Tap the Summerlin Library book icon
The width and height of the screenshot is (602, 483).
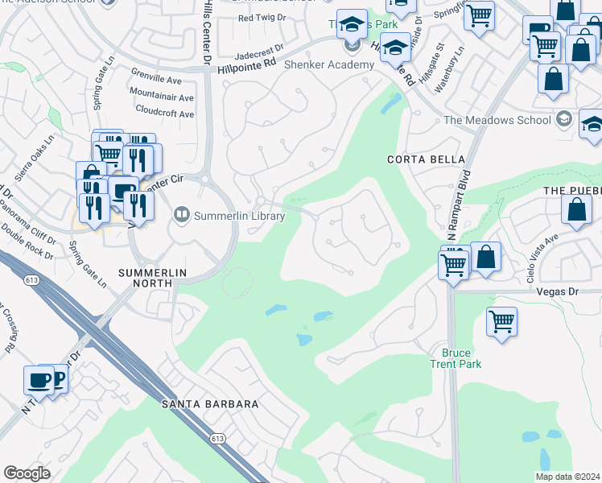point(182,215)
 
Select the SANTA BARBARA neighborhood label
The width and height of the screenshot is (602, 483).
point(209,403)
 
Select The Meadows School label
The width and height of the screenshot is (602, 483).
point(497,121)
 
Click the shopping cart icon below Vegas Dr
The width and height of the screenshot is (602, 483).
point(501,322)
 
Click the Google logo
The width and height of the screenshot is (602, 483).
point(27,473)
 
